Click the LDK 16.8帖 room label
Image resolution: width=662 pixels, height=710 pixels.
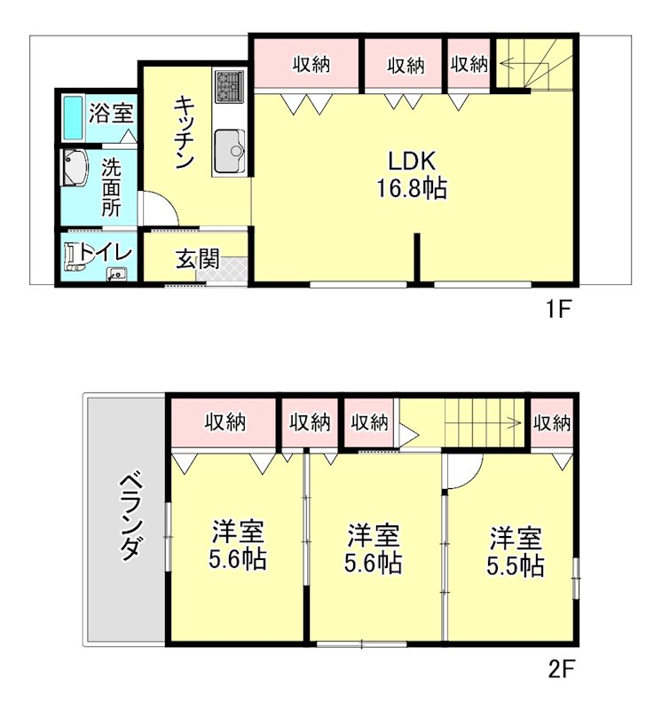pyautogui.click(x=412, y=175)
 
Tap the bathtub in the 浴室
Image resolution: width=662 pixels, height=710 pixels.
pyautogui.click(x=73, y=117)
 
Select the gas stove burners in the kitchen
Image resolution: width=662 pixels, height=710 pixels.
pyautogui.click(x=229, y=85)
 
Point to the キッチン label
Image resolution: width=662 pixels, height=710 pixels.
pyautogui.click(x=185, y=131)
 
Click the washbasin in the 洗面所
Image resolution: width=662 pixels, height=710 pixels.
pyautogui.click(x=75, y=169)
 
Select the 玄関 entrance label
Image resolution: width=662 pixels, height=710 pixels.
pyautogui.click(x=197, y=259)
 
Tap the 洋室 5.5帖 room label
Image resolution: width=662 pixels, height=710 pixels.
pyautogui.click(x=516, y=551)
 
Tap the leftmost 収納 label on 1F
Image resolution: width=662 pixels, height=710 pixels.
pyautogui.click(x=311, y=65)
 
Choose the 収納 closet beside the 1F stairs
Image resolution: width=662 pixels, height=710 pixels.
pyautogui.click(x=469, y=66)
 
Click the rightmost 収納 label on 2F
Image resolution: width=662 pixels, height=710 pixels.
pyautogui.click(x=551, y=423)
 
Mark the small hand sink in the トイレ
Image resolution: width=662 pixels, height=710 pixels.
pyautogui.click(x=117, y=274)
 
